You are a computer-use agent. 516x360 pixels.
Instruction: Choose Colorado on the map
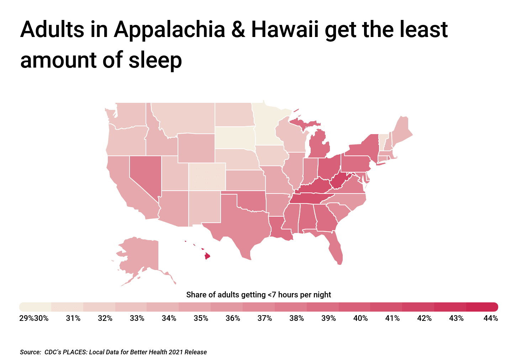[x=207, y=176]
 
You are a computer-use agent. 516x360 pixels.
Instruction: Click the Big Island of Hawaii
[x=207, y=256]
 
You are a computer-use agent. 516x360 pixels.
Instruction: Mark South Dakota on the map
[x=234, y=137]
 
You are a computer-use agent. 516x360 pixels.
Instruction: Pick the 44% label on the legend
[x=490, y=318]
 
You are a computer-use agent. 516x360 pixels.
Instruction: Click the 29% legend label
[x=26, y=318]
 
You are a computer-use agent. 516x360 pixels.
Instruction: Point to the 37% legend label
[x=265, y=318]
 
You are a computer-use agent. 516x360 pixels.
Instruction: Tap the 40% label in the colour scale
[x=360, y=318]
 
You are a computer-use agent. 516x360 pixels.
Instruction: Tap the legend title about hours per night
[x=258, y=295]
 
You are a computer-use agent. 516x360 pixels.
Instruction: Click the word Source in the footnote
[x=30, y=352]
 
